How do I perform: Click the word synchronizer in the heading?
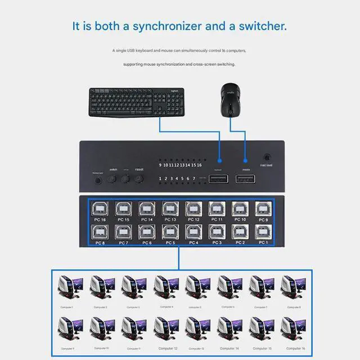pyautogui.click(x=158, y=26)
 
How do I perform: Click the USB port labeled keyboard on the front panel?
pyautogui.click(x=219, y=179)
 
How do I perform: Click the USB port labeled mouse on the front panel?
pyautogui.click(x=245, y=179)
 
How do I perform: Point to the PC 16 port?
pyautogui.click(x=100, y=209)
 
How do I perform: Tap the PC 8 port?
pyautogui.click(x=100, y=232)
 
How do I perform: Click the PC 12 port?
pyautogui.click(x=193, y=209)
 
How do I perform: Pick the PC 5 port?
pyautogui.click(x=170, y=232)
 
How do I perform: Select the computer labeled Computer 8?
pyautogui.click(x=294, y=289)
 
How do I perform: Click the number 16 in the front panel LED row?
pyautogui.click(x=199, y=165)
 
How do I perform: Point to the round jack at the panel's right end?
pyautogui.click(x=267, y=158)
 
